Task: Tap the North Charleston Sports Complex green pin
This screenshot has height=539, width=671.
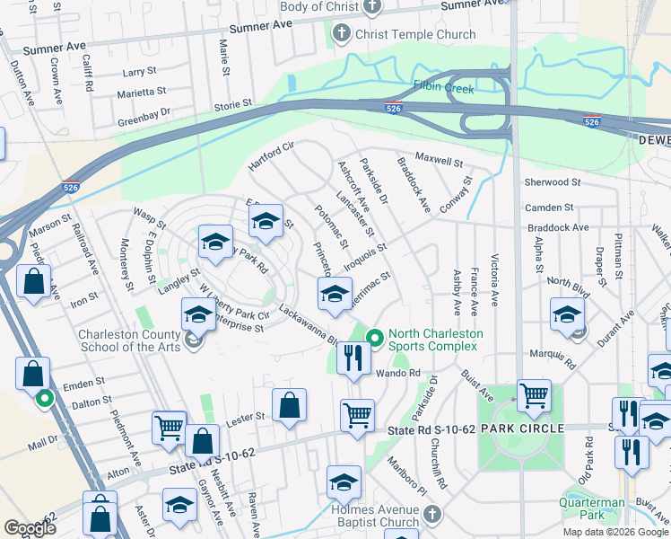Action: click(376, 338)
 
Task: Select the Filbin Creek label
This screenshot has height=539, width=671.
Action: click(443, 87)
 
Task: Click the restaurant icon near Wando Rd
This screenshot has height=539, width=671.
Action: click(354, 359)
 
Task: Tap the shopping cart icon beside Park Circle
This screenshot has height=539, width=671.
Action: click(534, 395)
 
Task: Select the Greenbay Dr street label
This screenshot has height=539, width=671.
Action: click(144, 114)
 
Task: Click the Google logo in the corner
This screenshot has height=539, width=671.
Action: click(30, 528)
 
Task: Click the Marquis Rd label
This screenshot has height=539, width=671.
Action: click(552, 359)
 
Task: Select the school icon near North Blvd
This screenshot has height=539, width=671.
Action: click(567, 315)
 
